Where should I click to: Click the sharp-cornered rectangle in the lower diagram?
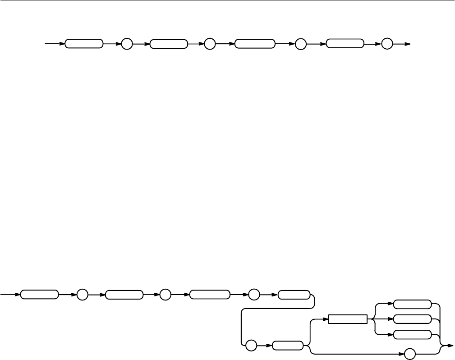click(x=348, y=319)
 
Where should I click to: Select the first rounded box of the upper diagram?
click(x=84, y=44)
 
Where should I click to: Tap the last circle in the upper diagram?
click(x=387, y=44)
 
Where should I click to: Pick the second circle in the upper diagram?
click(x=210, y=44)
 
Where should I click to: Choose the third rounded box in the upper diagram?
click(x=255, y=44)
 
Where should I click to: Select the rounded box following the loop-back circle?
click(x=288, y=346)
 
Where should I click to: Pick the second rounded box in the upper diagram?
click(x=169, y=44)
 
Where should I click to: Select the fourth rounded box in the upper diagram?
click(x=345, y=44)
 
